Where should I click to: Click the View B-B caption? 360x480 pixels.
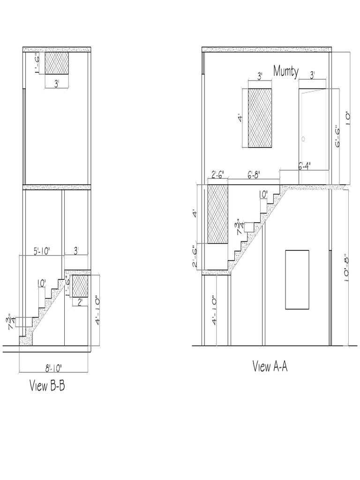coord(47,385)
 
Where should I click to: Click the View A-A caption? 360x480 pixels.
coord(270,366)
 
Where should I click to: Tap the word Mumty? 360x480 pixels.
coord(286,71)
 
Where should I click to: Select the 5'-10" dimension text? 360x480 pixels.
coord(42,251)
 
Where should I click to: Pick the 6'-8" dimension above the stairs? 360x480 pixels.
coord(254,175)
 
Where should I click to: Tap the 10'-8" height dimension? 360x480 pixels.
coord(346,267)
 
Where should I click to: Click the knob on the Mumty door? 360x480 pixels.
coord(303,139)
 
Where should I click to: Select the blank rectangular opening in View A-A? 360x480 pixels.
coord(297,279)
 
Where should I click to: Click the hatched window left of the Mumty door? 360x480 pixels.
coord(260,118)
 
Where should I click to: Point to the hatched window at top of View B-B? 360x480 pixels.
coord(57,63)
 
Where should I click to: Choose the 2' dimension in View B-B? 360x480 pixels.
coord(80,302)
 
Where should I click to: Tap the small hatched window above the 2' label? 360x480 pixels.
coord(80,286)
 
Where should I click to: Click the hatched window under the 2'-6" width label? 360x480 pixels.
coord(218,214)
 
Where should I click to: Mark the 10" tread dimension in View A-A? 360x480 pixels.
coord(263,195)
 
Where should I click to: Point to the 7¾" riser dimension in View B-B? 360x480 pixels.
coord(12,322)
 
